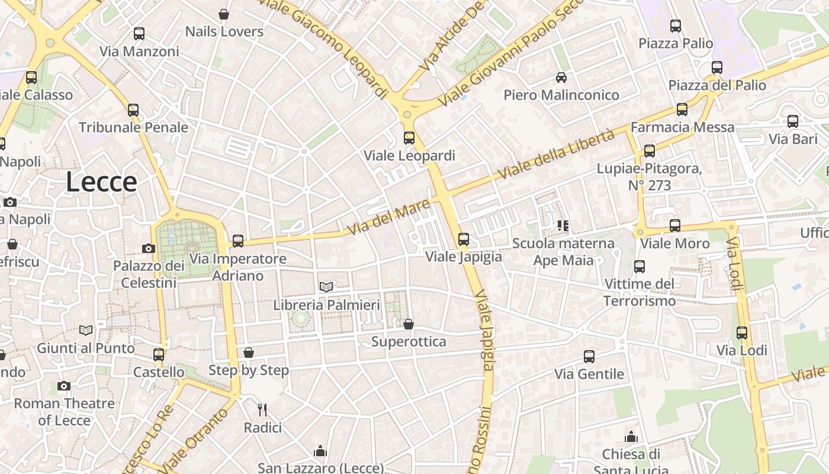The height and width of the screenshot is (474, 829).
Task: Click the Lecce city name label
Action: (x=101, y=181)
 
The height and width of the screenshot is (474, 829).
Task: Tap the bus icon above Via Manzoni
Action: (x=139, y=34)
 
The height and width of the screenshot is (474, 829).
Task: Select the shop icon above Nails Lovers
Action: (x=224, y=14)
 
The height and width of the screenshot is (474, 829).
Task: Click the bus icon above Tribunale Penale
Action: (x=133, y=110)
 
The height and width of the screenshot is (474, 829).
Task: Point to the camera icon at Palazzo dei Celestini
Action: (x=149, y=248)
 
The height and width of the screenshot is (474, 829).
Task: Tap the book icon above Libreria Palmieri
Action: (x=326, y=287)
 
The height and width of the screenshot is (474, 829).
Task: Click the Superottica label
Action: (x=408, y=342)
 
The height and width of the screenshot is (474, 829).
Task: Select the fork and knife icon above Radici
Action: (x=262, y=409)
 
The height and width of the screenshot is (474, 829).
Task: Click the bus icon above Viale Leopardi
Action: (x=409, y=138)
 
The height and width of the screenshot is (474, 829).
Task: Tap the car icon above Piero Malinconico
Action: (x=561, y=77)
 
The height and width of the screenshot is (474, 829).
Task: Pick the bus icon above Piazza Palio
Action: (x=676, y=25)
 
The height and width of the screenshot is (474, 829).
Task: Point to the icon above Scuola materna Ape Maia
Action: (x=563, y=225)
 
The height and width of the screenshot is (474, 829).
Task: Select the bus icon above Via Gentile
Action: (x=589, y=357)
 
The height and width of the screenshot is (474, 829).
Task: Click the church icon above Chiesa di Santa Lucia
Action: (x=631, y=437)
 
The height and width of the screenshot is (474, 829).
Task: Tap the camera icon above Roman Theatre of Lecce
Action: (x=64, y=386)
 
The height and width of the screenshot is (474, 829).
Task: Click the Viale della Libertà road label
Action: (x=557, y=155)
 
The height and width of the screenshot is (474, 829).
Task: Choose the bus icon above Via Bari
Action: (x=793, y=121)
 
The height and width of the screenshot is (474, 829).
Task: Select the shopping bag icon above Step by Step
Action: (x=249, y=353)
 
